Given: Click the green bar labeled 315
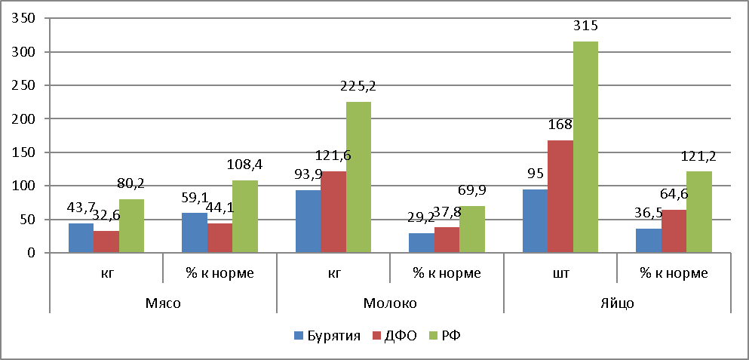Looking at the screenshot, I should [x=585, y=147].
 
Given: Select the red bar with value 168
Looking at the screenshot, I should [x=560, y=196].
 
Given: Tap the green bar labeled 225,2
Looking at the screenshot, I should [x=358, y=177].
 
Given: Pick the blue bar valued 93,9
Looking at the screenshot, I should [x=308, y=221].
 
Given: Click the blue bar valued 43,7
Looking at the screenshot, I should [x=81, y=238].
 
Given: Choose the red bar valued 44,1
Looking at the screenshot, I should [x=219, y=238].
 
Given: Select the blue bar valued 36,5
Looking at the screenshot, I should [x=649, y=240].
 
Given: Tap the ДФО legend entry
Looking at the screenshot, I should [x=394, y=334].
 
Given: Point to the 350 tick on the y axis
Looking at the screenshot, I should [x=26, y=19].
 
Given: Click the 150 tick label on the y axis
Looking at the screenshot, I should [x=26, y=152].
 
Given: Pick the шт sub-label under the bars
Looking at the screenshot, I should [x=560, y=274].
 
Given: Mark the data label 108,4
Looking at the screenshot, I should [x=246, y=164].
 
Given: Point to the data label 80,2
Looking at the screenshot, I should [x=132, y=183].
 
